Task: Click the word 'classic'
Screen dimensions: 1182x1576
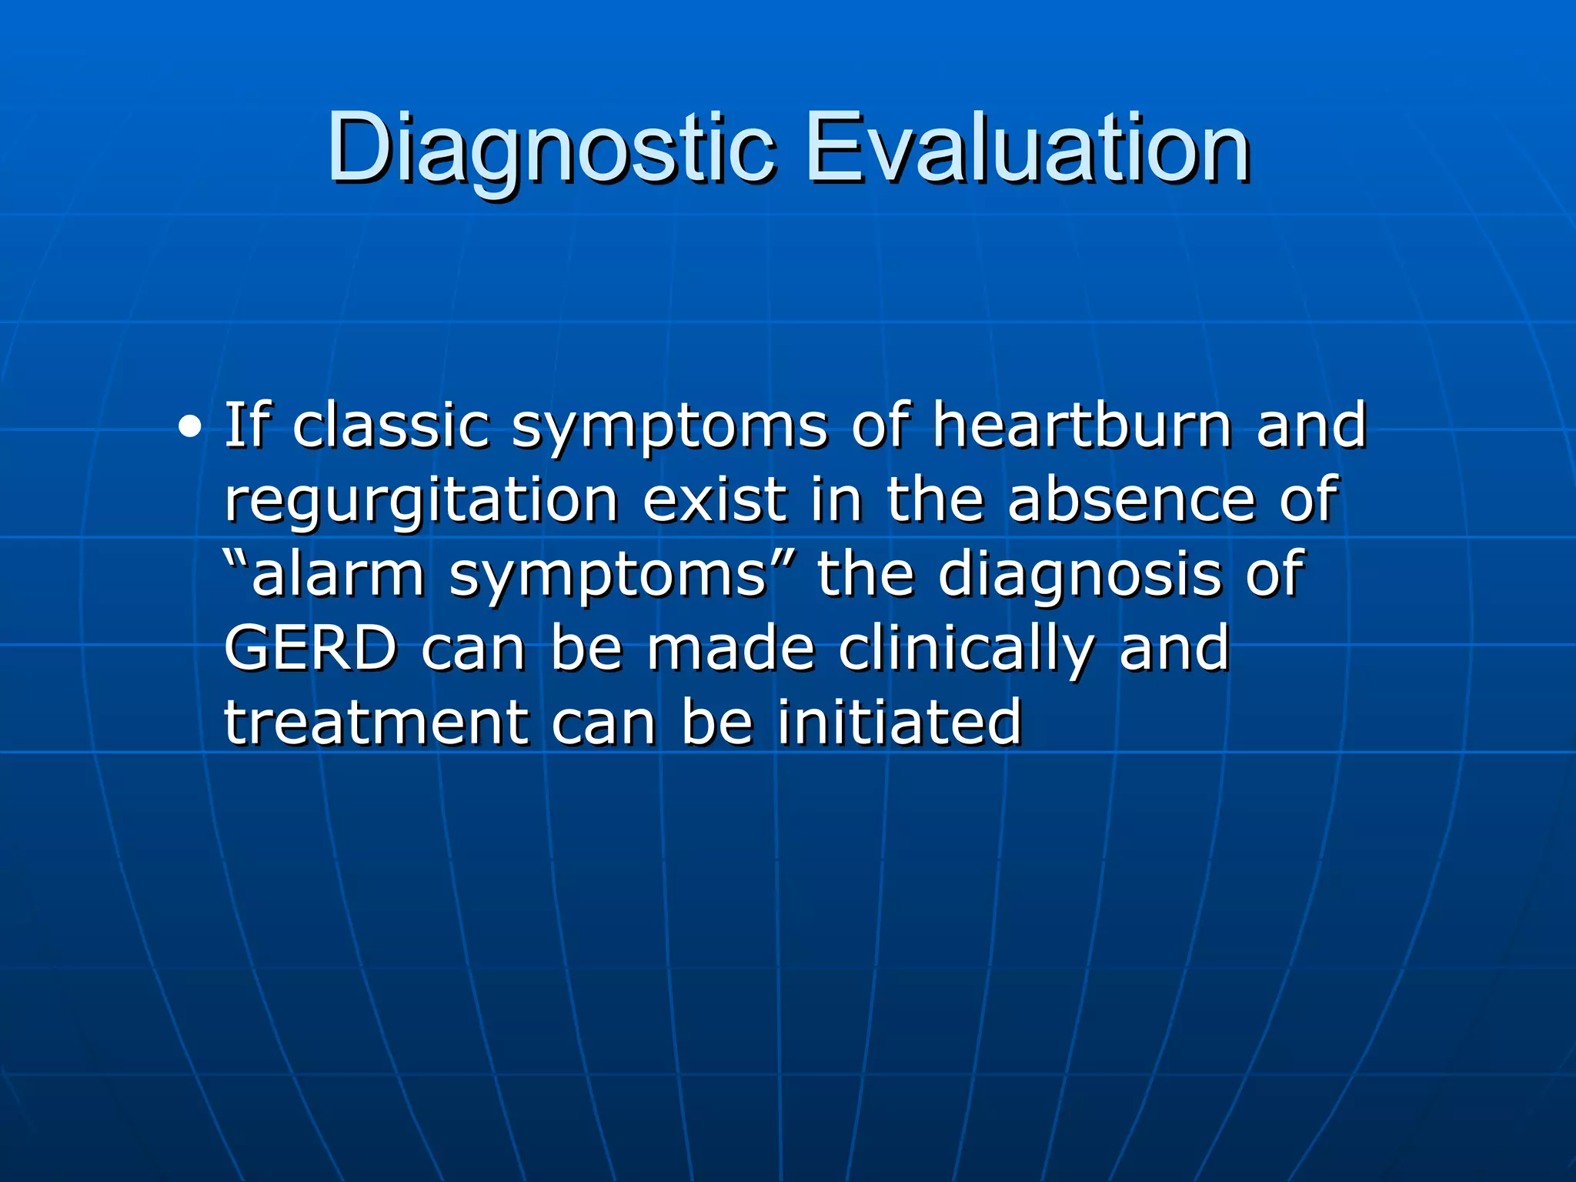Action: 391,425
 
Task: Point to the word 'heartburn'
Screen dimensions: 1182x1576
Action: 1081,425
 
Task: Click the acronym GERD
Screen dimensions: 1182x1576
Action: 310,649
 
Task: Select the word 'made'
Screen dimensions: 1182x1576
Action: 730,649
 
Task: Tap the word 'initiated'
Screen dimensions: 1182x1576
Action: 899,723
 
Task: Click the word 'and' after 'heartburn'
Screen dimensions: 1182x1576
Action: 1311,425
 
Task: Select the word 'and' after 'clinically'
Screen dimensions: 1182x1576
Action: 1174,649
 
